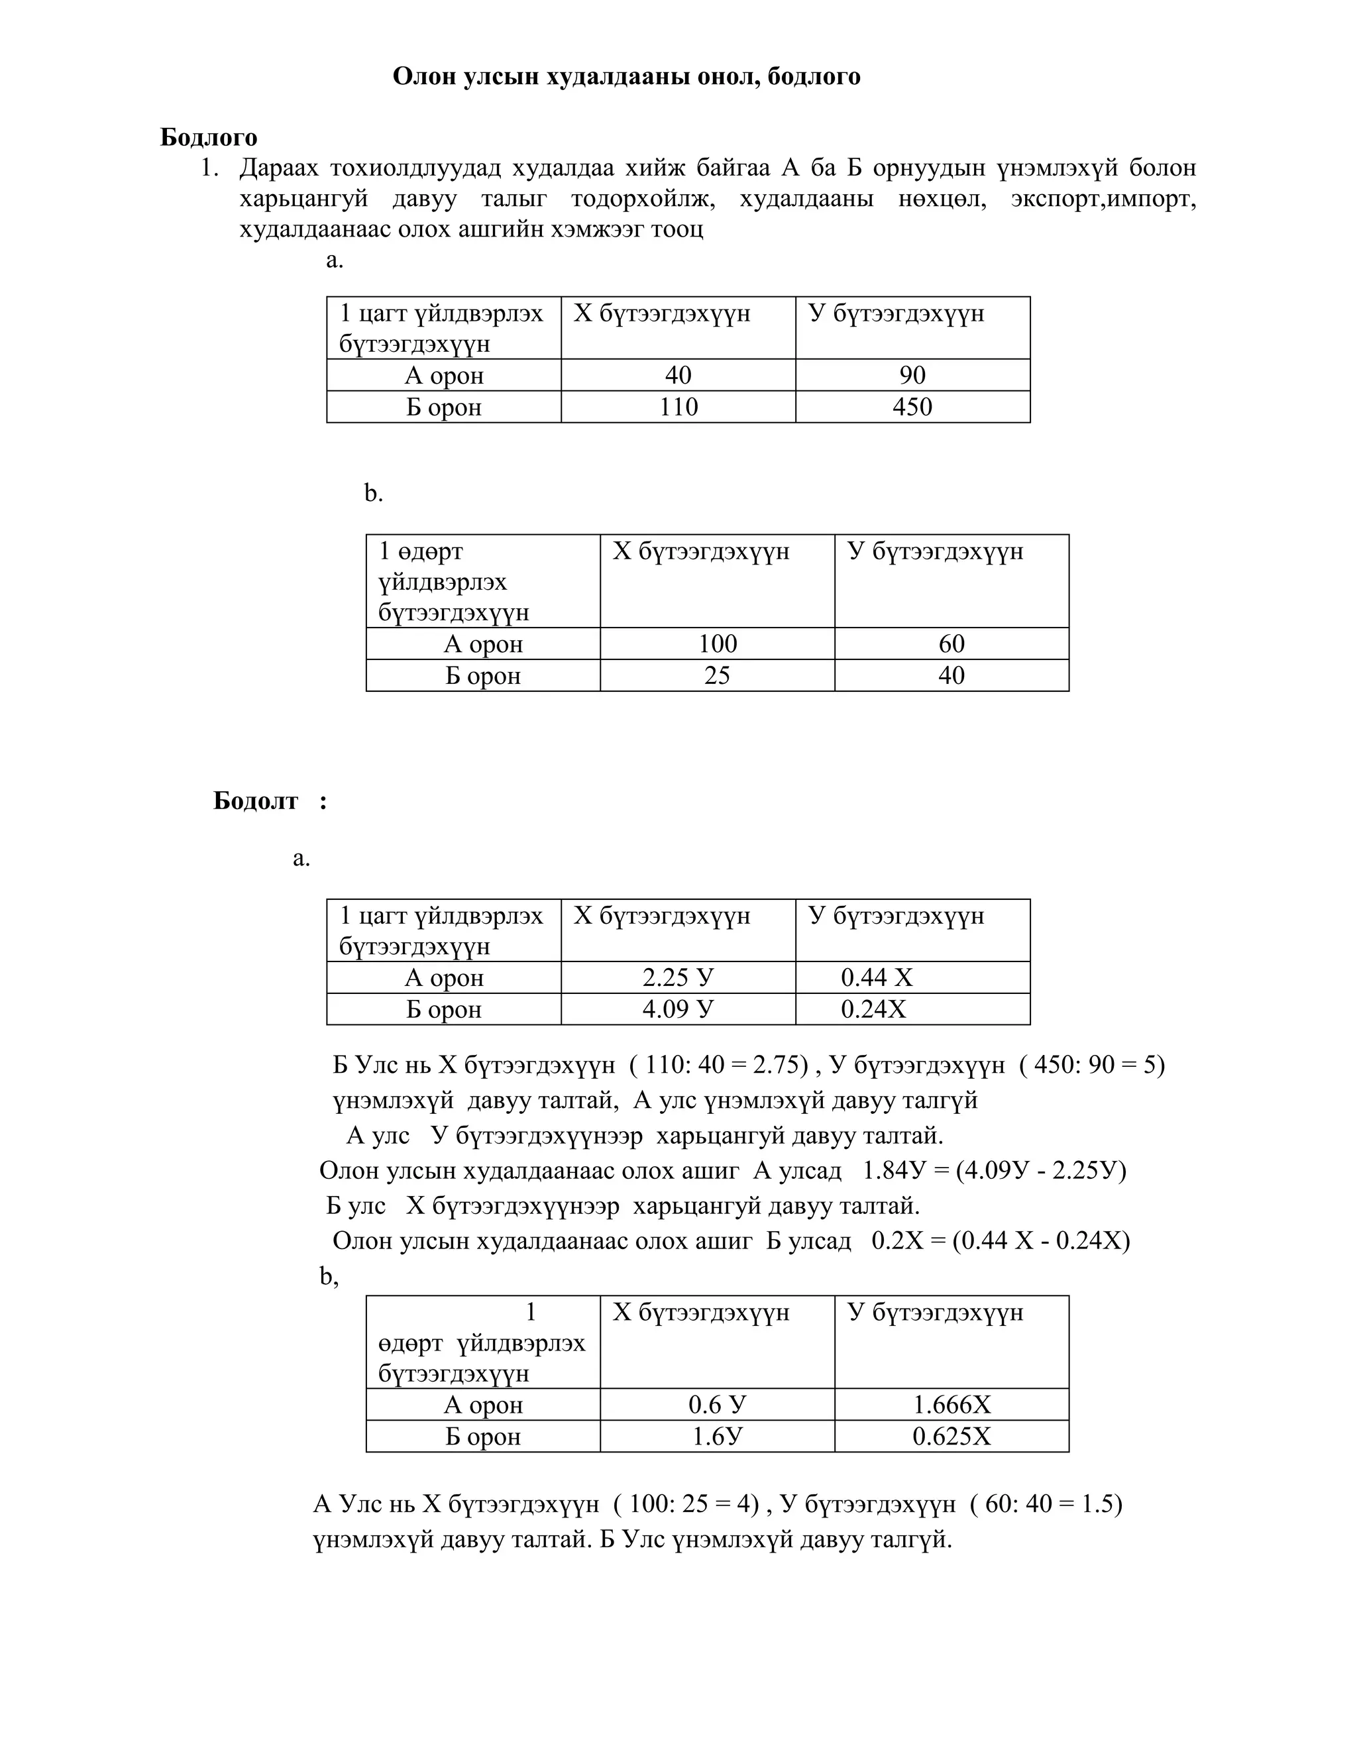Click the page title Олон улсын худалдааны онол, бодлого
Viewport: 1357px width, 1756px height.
(626, 76)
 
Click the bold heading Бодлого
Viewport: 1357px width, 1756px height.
(208, 137)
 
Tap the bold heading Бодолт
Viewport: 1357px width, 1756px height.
(256, 801)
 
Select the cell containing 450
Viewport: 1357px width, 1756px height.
(912, 407)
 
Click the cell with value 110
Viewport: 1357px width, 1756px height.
(678, 407)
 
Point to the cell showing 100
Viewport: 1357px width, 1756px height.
(717, 643)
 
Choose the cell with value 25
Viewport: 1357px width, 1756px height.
(717, 675)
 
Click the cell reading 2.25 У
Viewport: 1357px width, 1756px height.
(678, 977)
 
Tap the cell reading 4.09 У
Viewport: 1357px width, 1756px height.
(678, 1009)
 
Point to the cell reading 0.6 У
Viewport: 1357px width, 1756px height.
(717, 1405)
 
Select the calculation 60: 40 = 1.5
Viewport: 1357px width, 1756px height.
(1048, 1504)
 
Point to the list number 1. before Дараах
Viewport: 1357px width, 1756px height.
(209, 168)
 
